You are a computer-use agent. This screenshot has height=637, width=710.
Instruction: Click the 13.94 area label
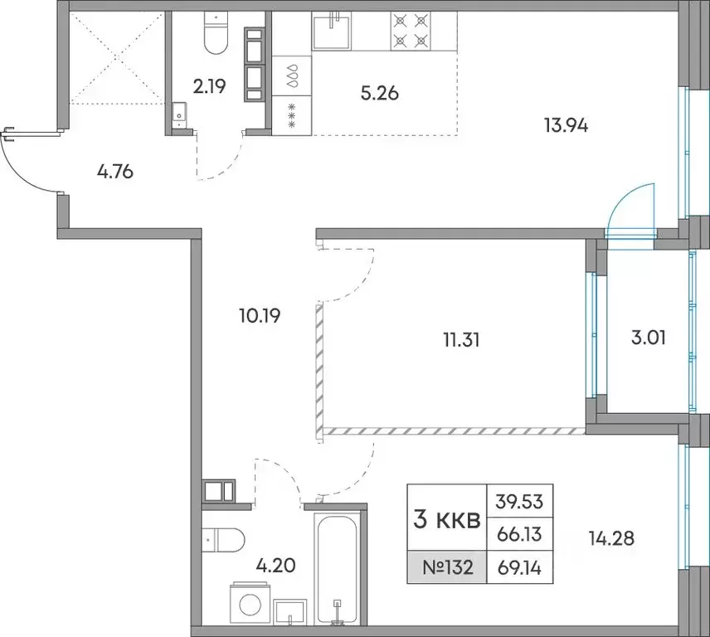click(566, 125)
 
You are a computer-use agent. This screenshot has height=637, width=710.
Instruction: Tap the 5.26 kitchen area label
click(379, 93)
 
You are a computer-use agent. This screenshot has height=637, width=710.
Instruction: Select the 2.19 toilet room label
click(209, 86)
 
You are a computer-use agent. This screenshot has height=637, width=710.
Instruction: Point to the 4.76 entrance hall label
click(115, 172)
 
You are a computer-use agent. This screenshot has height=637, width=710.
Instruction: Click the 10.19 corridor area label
click(260, 315)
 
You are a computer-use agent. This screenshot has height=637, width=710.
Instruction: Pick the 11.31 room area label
click(461, 339)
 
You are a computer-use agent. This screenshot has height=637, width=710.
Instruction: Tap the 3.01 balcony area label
click(649, 338)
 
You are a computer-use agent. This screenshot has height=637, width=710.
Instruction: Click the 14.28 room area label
click(611, 538)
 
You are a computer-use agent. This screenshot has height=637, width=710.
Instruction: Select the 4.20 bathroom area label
click(275, 565)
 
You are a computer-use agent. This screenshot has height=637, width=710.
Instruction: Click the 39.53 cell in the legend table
click(519, 501)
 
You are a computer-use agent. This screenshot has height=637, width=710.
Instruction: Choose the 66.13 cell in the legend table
click(519, 534)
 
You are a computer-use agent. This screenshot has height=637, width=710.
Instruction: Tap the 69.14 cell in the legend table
click(519, 567)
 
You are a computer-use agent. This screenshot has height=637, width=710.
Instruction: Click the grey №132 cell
click(447, 566)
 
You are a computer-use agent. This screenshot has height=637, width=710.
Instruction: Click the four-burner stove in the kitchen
click(411, 31)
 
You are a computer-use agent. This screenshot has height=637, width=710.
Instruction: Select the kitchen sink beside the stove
click(332, 31)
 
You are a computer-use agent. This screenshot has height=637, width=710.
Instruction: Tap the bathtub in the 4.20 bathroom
click(335, 570)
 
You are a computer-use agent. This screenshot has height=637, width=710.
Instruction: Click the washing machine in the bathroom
click(250, 603)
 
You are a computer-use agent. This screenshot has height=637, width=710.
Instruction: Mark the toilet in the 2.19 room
click(216, 32)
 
